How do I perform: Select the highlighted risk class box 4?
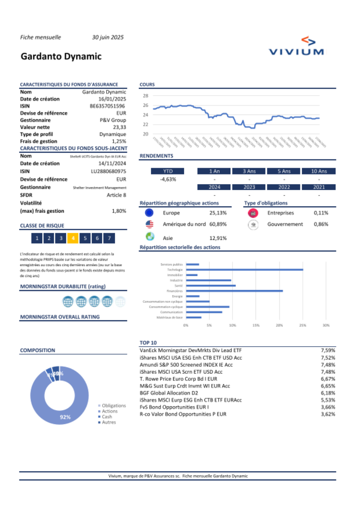pyautogui.click(x=73, y=238)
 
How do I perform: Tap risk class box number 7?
pyautogui.click(x=109, y=238)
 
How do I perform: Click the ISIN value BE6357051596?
pyautogui.click(x=107, y=106)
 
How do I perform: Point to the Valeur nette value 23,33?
pyautogui.click(x=120, y=127)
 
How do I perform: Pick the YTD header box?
pyautogui.click(x=168, y=171)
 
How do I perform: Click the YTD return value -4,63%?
pyautogui.click(x=168, y=179)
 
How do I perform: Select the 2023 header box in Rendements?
pyautogui.click(x=249, y=187)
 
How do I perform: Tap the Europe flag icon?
pyautogui.click(x=149, y=213)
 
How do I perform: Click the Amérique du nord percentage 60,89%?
pyautogui.click(x=218, y=224)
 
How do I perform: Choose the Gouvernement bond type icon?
pyautogui.click(x=253, y=224)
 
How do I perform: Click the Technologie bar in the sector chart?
pyautogui.click(x=244, y=269)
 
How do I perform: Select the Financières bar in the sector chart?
pyautogui.click(x=234, y=291)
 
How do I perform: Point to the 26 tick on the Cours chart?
pyautogui.click(x=145, y=105)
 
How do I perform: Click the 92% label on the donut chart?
pyautogui.click(x=65, y=417)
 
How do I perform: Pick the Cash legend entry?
pyautogui.click(x=107, y=417)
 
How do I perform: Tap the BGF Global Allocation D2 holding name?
pyautogui.click(x=169, y=393)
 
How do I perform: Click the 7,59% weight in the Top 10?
pyautogui.click(x=328, y=350)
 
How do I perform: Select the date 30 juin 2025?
pyautogui.click(x=108, y=37)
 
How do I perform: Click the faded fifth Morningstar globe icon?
pyautogui.click(x=120, y=302)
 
